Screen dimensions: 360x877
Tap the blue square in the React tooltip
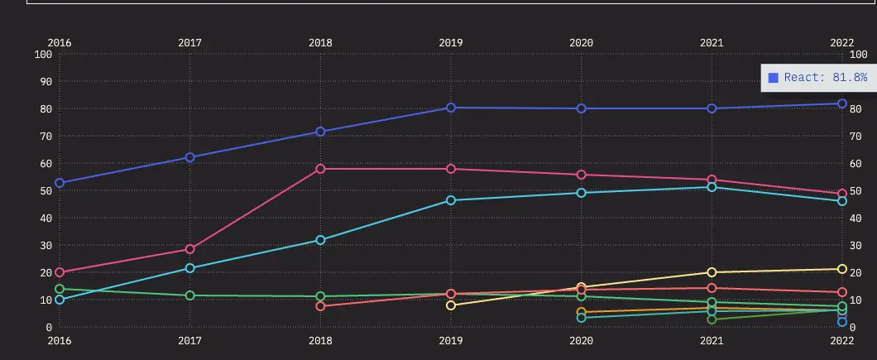coord(774,77)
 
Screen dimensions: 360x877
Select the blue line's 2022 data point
coord(842,104)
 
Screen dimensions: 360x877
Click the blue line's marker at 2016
coord(60,183)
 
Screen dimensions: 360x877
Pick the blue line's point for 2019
coord(451,108)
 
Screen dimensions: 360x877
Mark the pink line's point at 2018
coord(320,169)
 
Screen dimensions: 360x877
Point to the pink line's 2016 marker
coord(60,272)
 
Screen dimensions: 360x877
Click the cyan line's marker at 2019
coord(451,200)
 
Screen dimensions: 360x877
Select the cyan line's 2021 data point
coord(712,187)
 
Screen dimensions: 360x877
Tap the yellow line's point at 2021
coord(712,272)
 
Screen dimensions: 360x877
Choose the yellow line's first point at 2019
coord(451,305)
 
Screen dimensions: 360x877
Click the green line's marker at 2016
coord(60,289)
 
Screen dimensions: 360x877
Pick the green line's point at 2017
coord(190,295)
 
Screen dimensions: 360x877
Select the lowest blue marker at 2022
coord(842,322)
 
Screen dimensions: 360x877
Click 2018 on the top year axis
coord(320,42)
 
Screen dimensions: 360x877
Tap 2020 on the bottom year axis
coord(582,340)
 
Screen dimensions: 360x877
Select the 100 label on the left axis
coord(43,55)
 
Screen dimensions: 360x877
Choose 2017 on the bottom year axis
coord(190,340)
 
